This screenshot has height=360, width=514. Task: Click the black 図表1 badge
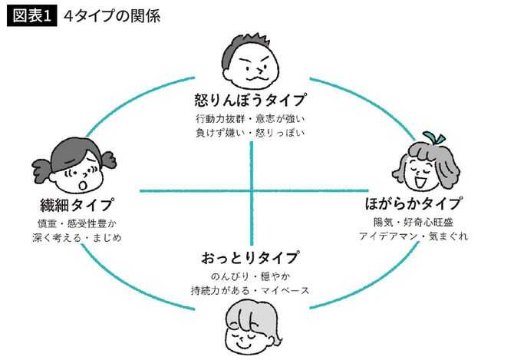pos(31,16)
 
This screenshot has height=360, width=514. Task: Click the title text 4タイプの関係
pos(112,16)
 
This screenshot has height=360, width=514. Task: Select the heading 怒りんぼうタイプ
pos(251,100)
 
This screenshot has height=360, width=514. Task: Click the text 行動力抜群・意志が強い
pos(251,118)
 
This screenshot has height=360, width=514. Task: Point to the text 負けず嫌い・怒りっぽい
pos(251,133)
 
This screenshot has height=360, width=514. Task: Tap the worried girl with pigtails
pos(74,165)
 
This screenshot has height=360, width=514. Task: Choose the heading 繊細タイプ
pos(77,205)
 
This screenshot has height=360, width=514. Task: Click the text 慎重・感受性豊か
pos(77,223)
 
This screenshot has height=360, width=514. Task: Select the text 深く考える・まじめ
pos(77,238)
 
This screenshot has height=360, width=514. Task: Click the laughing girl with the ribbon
pos(426,161)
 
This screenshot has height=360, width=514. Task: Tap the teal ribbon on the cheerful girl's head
pos(434,138)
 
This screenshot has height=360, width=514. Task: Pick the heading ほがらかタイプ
pos(414,203)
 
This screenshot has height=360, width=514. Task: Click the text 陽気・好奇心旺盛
pos(414,223)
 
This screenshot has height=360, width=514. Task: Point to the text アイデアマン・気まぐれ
pos(414,236)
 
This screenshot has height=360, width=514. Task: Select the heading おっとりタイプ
pos(250,258)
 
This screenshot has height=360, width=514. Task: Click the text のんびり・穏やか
pos(250,277)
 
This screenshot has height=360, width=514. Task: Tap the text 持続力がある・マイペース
pos(250,291)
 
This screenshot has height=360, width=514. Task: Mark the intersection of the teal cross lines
pos(252,190)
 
